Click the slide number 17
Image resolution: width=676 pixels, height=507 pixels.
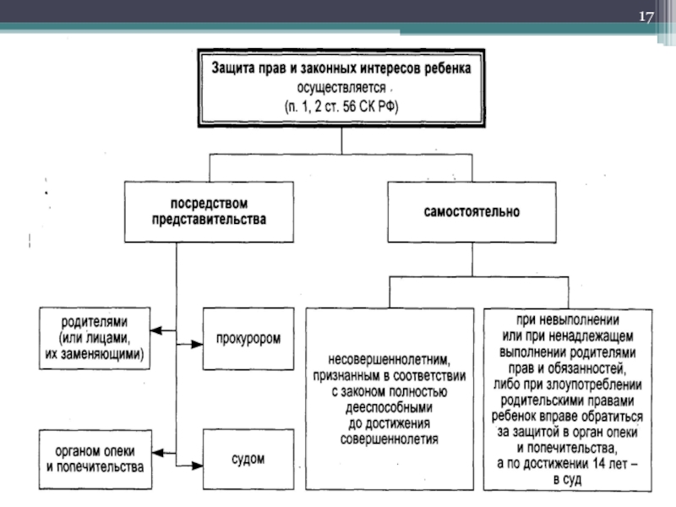[x=646, y=19]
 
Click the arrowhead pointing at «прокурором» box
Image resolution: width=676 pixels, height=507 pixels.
[x=199, y=344]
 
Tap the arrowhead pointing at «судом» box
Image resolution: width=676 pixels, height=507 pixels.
[x=199, y=465]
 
